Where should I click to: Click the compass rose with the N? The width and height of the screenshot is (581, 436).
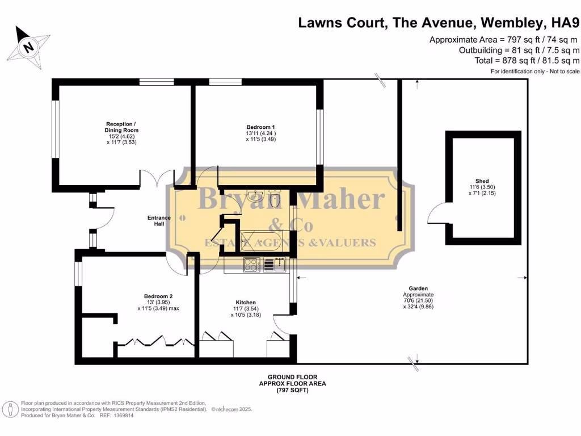coord(27,47)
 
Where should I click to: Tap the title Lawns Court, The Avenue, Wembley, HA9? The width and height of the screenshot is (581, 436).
coord(439,23)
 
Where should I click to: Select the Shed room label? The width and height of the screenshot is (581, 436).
coord(482,181)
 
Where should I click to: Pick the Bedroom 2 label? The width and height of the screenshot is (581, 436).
coord(158,296)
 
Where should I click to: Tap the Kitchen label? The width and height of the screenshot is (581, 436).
coord(246,302)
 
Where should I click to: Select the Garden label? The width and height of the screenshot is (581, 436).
coord(418,288)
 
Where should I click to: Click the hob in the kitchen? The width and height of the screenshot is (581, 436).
coord(251,264)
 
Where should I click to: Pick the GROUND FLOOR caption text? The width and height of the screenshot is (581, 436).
coord(292,377)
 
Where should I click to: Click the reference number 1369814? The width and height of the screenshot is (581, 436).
coord(124,416)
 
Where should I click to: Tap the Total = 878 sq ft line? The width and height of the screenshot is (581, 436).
coord(527,60)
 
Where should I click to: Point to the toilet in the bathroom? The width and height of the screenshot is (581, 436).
coord(275,199)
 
